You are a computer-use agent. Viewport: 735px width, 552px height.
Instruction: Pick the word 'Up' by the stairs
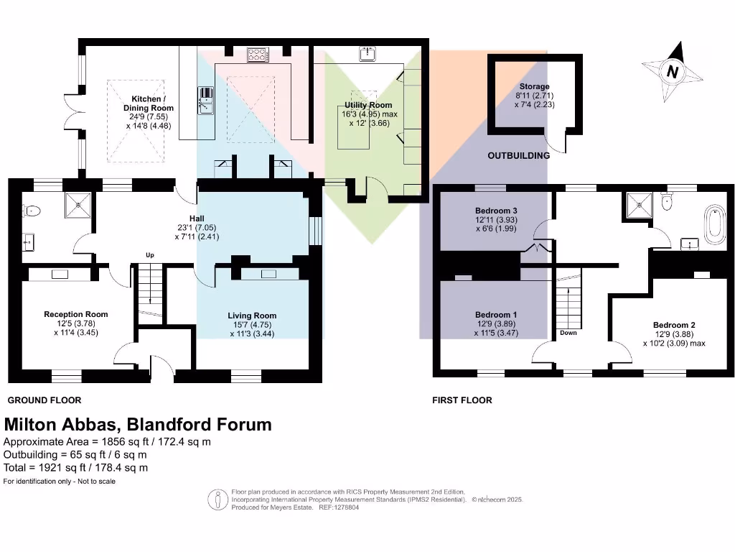tap(150, 254)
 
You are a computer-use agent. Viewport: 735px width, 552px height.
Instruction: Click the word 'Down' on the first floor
tap(568, 333)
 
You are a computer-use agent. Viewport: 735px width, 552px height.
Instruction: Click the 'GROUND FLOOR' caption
tap(45, 400)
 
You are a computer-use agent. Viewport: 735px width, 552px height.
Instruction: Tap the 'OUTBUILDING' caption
tap(519, 155)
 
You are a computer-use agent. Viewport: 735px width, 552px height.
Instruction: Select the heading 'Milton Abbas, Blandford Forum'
tap(138, 424)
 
